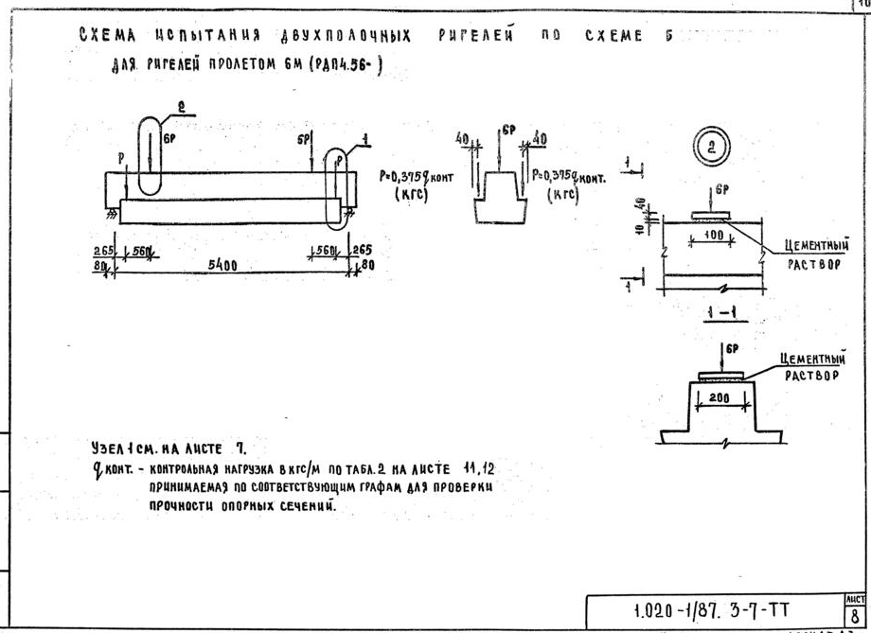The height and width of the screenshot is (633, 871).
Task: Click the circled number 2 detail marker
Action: click(709, 149)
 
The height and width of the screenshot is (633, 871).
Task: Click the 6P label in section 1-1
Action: click(732, 348)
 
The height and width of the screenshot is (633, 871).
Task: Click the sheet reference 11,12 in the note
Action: click(481, 468)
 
